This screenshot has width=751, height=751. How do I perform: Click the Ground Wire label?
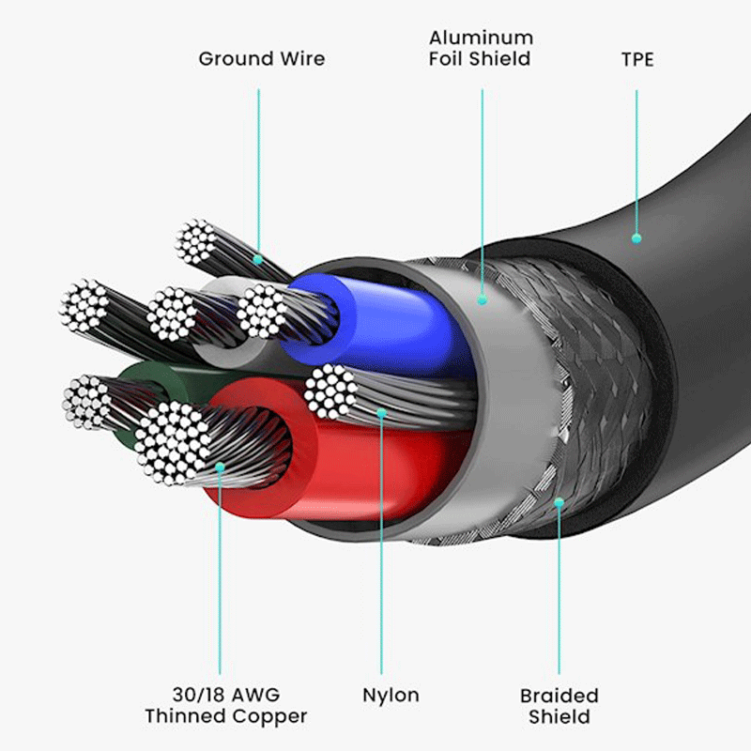click(x=262, y=59)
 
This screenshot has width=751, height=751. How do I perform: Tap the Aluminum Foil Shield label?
click(x=481, y=48)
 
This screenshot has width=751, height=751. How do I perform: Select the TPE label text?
click(x=637, y=59)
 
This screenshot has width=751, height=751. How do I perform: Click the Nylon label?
click(x=391, y=695)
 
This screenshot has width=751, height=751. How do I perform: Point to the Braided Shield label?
click(x=559, y=706)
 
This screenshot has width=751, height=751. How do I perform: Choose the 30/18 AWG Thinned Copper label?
click(x=226, y=706)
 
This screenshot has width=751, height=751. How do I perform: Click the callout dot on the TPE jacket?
click(x=636, y=238)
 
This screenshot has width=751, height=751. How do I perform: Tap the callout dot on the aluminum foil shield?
click(x=483, y=299)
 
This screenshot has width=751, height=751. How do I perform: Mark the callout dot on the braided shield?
click(x=559, y=502)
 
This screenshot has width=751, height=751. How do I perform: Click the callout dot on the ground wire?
click(x=257, y=260)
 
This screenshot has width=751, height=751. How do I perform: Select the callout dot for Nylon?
click(x=381, y=413)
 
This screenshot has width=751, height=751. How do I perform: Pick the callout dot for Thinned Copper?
click(x=220, y=467)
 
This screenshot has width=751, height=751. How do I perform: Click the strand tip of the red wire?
click(x=173, y=443)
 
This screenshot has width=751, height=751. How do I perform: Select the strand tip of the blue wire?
click(x=262, y=311)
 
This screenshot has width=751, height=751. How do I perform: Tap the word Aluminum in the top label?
click(x=481, y=38)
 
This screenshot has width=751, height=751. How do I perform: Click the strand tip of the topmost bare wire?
click(x=196, y=242)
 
